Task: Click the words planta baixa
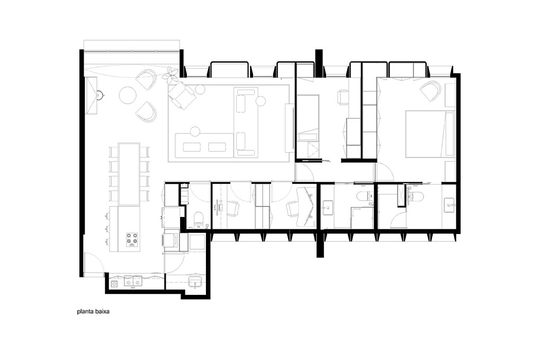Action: click(x=93, y=312)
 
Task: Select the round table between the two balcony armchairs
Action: click(x=128, y=95)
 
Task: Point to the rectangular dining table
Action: click(x=129, y=174)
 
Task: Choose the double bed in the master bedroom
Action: click(x=430, y=134)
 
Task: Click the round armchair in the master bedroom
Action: click(x=431, y=90)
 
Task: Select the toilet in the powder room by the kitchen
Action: click(x=199, y=220)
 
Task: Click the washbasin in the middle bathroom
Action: click(x=327, y=208)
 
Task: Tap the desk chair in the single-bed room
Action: click(x=344, y=96)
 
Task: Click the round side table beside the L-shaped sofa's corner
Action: click(x=260, y=101)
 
